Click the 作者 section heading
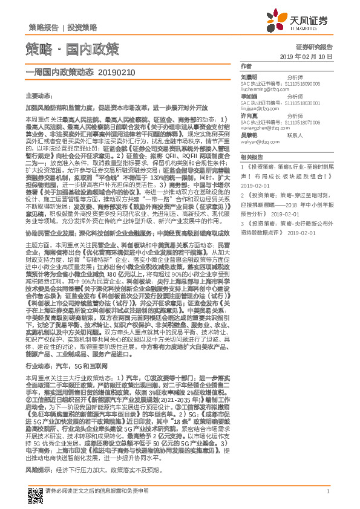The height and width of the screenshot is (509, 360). point(246,66)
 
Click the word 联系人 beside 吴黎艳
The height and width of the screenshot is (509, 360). point(295,135)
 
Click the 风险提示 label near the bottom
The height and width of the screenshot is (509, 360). point(38,452)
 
